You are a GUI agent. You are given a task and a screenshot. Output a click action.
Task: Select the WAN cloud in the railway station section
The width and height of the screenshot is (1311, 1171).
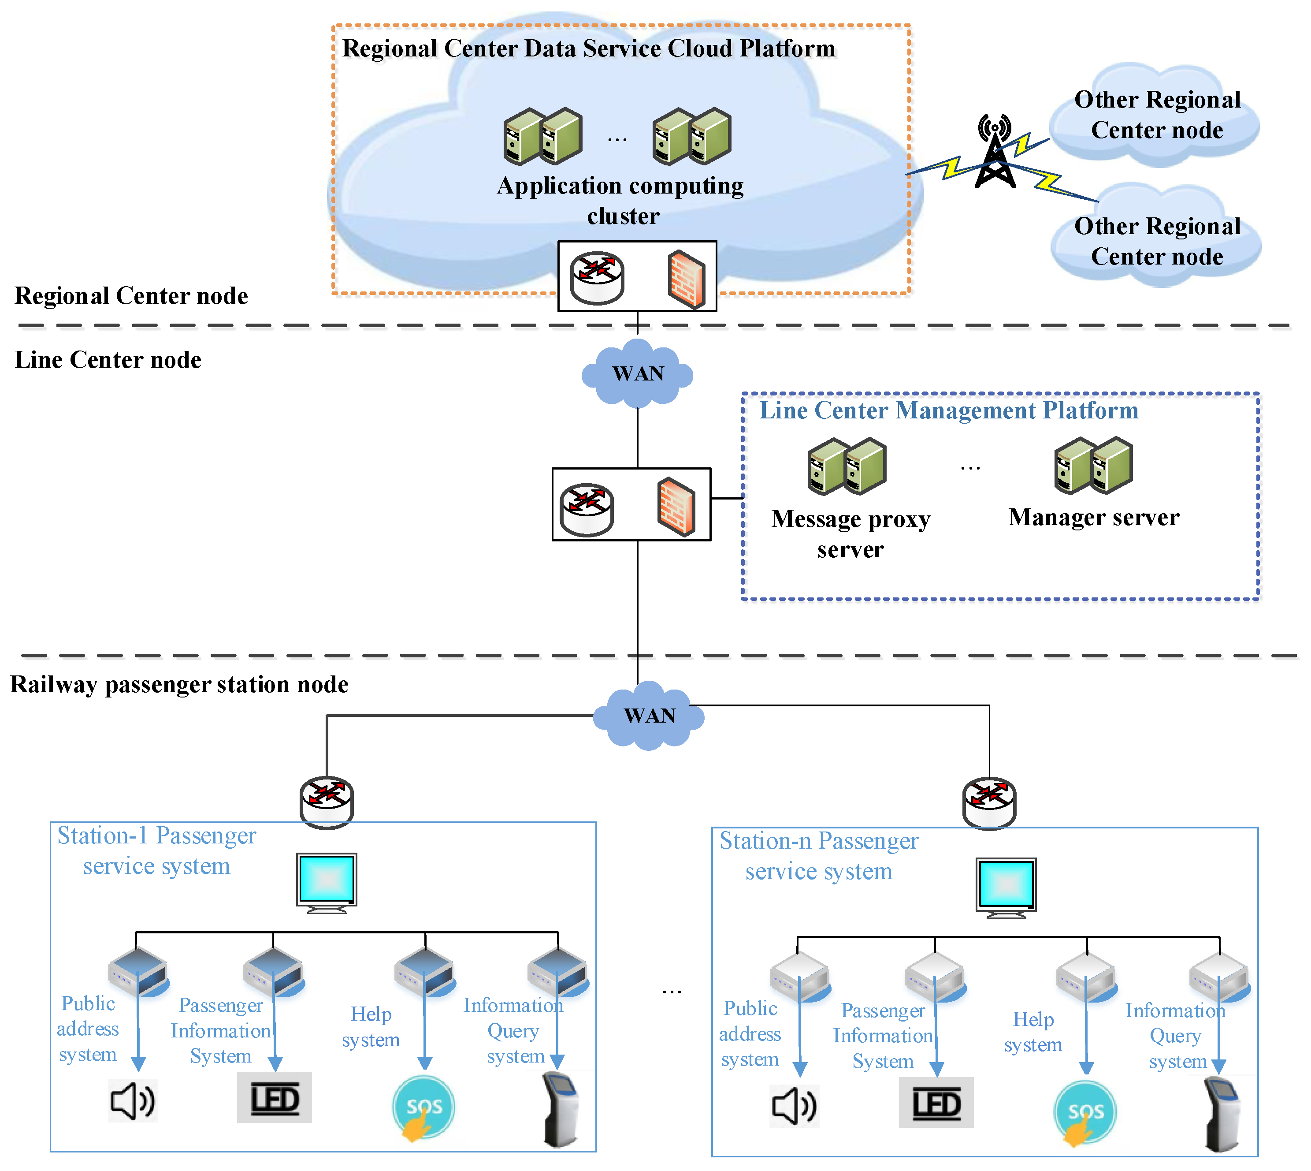point(649,716)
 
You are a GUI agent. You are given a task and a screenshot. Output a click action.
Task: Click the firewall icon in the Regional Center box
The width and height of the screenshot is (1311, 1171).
point(687,279)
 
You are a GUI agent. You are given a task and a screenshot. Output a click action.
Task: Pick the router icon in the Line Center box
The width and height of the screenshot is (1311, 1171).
point(587,509)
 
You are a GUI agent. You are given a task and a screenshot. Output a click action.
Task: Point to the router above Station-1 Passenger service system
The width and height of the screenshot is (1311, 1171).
point(327,802)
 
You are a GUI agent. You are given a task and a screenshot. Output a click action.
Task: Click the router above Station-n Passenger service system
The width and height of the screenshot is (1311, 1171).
point(989,803)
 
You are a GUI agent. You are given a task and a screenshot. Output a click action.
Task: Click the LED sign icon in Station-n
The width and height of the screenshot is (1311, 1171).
point(936,1103)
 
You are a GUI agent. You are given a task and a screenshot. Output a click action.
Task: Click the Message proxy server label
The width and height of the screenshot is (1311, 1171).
point(850,534)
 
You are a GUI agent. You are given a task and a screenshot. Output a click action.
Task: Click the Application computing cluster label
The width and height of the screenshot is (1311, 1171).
point(621,201)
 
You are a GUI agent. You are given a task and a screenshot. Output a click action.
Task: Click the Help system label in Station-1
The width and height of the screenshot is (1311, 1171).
point(371,1027)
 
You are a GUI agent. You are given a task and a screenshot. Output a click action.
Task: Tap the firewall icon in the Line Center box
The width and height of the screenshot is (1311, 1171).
point(676,507)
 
